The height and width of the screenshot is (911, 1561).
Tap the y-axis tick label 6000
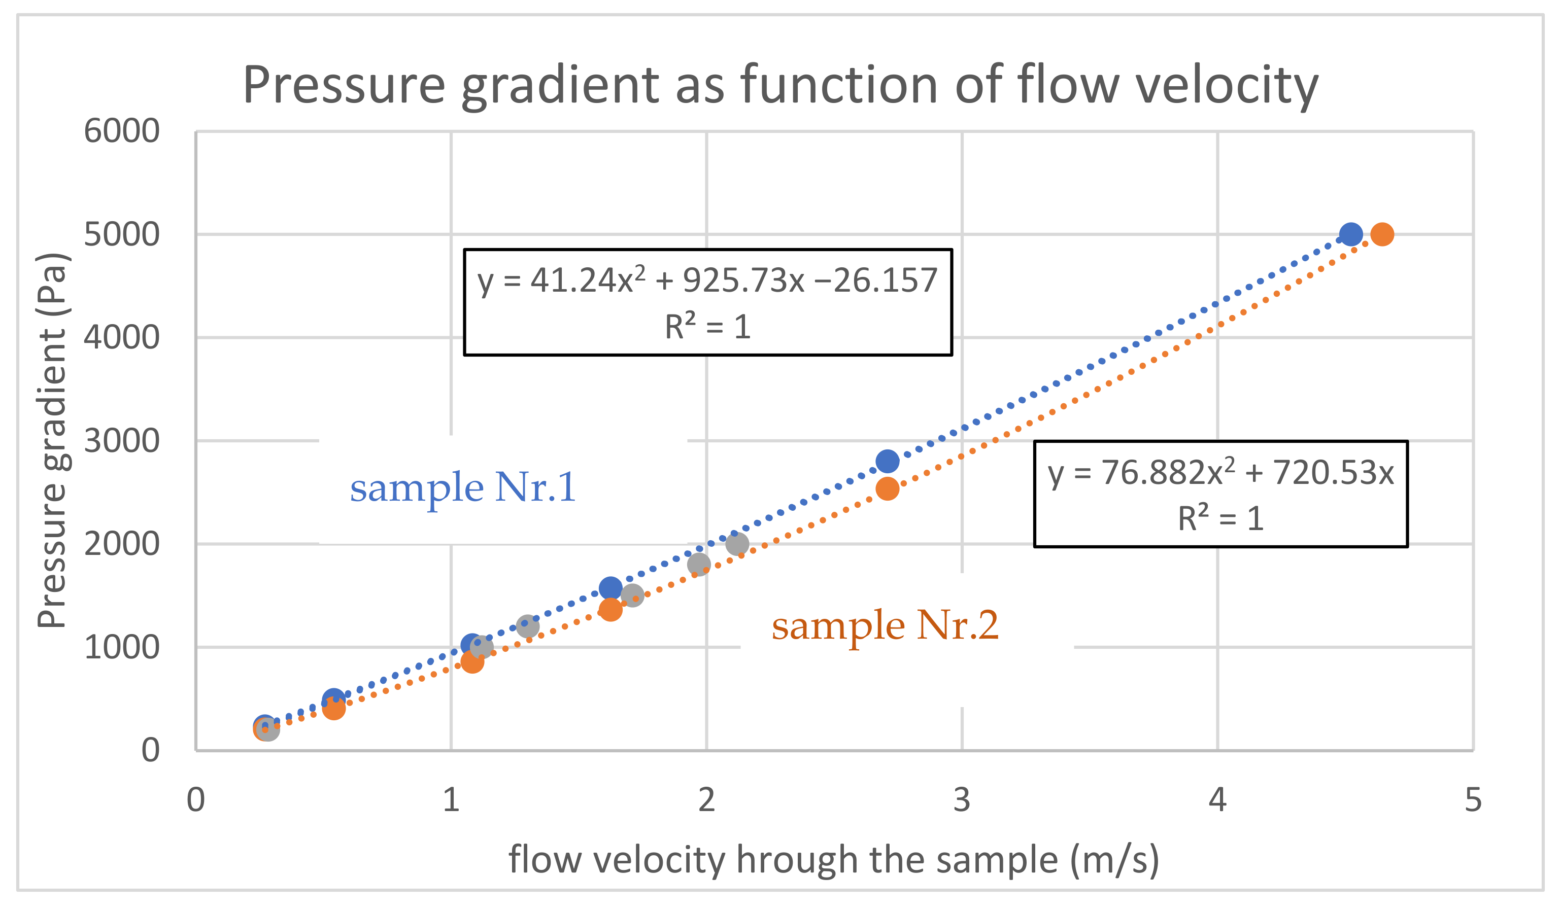pos(121,131)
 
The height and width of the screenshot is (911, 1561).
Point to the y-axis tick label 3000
pos(121,441)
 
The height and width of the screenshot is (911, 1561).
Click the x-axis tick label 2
pos(706,799)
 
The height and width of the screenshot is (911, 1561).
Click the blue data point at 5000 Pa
pos(1350,235)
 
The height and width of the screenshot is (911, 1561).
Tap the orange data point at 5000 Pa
pos(1382,235)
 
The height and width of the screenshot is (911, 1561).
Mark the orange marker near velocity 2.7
pos(887,488)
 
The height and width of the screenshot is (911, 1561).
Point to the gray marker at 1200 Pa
pos(527,626)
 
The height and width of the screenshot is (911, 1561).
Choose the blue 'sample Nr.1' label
pos(463,487)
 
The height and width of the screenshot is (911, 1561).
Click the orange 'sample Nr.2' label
pos(885,625)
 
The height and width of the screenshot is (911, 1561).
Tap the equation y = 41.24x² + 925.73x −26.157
pos(707,280)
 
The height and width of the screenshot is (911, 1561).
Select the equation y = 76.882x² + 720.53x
pos(1220,473)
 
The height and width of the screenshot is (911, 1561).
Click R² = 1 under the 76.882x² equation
pos(1220,518)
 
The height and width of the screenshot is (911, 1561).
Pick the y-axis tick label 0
pos(151,751)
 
